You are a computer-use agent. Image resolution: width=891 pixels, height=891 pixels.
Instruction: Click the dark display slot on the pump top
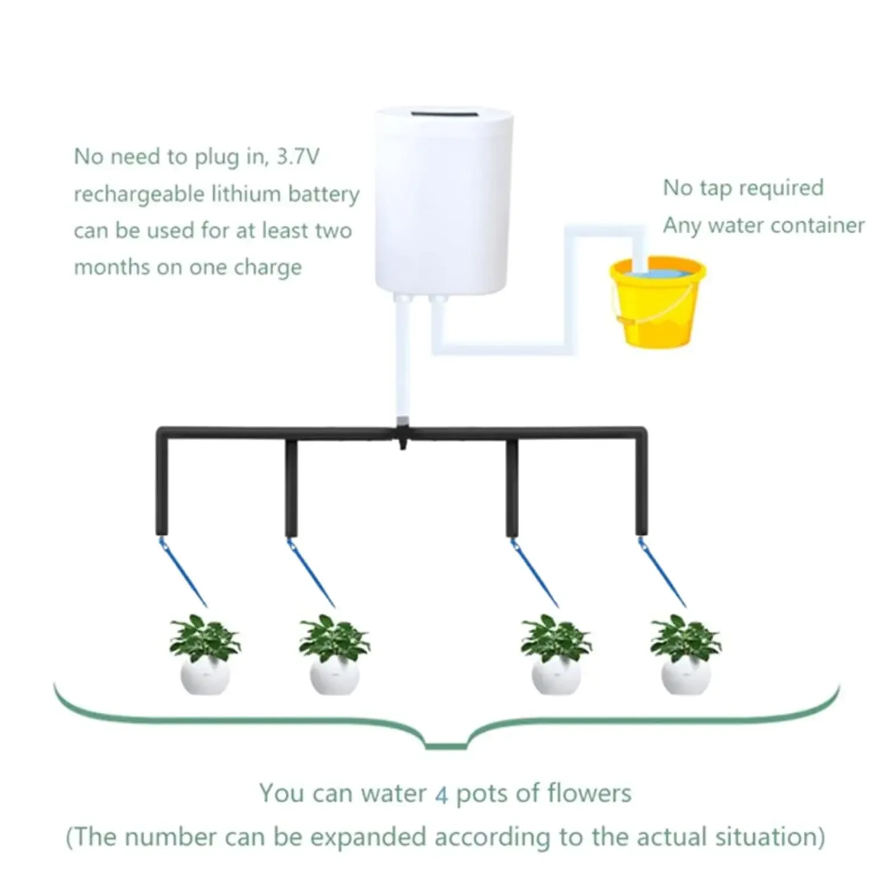443,113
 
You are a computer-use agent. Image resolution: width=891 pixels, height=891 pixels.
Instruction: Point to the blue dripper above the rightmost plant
663,571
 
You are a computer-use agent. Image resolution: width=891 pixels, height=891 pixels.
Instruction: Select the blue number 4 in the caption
441,795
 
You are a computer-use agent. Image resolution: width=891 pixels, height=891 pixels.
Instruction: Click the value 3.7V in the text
298,157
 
